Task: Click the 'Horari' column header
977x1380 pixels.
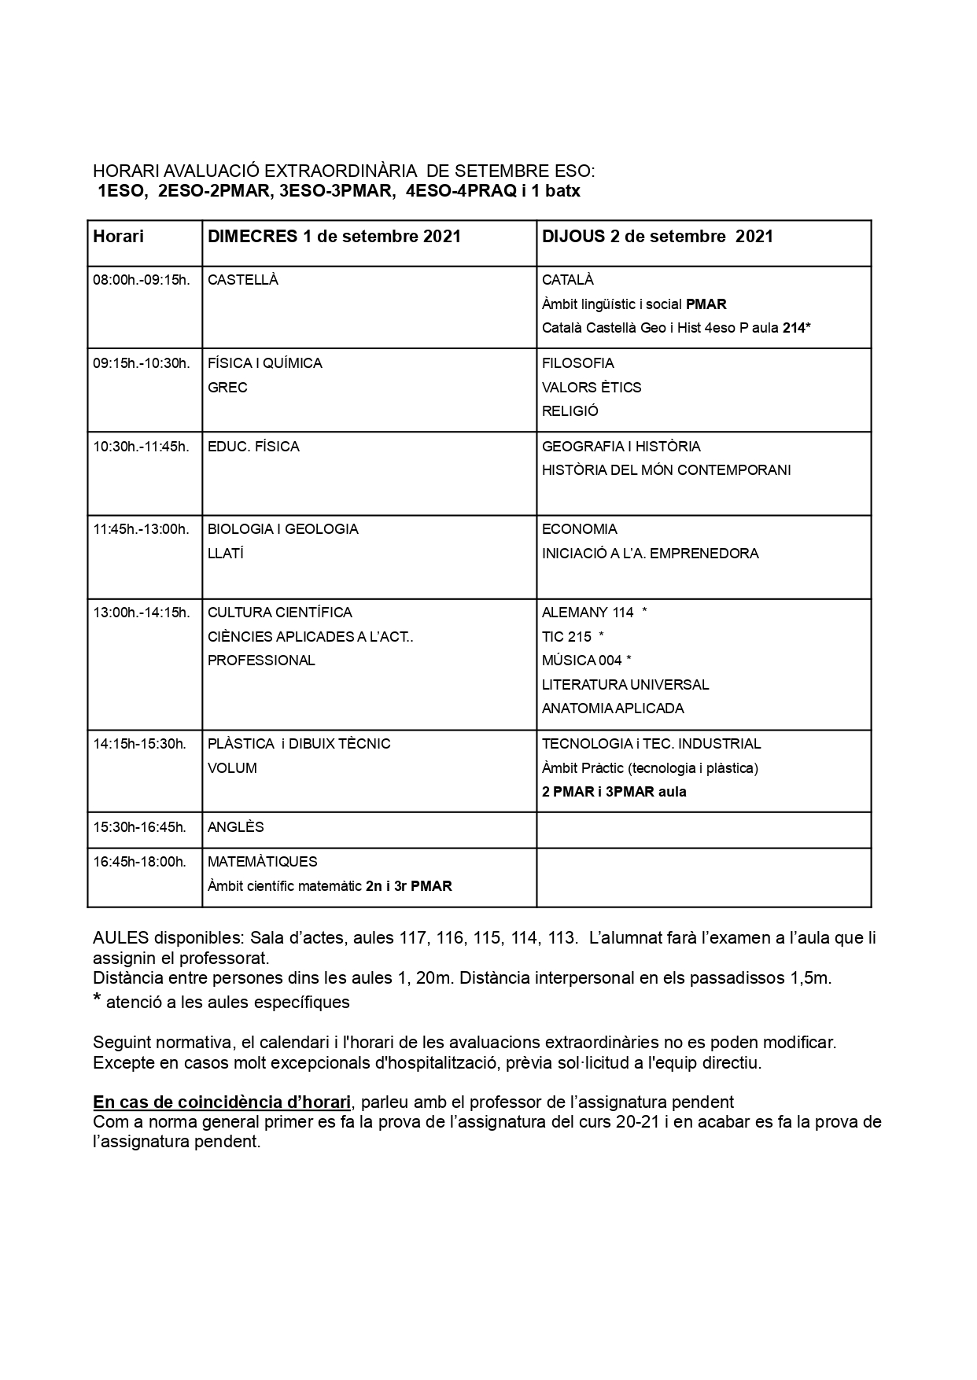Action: click(x=118, y=237)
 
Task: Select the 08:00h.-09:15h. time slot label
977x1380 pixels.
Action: click(x=142, y=280)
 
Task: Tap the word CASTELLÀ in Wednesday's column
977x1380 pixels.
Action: click(x=243, y=280)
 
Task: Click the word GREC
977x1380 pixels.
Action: click(x=227, y=387)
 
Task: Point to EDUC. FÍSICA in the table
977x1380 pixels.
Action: click(x=253, y=447)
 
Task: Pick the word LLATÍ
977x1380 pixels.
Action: click(x=226, y=554)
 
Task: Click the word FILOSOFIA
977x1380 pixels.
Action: click(x=578, y=363)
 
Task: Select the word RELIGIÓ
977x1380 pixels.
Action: click(x=570, y=410)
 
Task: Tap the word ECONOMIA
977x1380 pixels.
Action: click(x=580, y=529)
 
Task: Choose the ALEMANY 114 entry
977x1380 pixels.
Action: click(x=588, y=613)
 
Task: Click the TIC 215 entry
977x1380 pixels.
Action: click(x=566, y=636)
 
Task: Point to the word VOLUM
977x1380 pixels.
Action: click(x=232, y=768)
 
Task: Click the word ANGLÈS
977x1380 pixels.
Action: click(x=236, y=827)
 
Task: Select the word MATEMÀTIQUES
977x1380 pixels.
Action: click(x=263, y=862)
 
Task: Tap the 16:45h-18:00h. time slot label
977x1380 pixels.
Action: click(x=140, y=862)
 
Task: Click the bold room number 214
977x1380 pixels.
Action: click(x=794, y=328)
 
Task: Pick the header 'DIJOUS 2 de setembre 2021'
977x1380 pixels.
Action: click(x=658, y=237)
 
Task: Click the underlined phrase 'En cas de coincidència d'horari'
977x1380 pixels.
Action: click(x=222, y=1101)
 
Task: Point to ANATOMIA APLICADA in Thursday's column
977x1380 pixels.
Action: click(x=613, y=708)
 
